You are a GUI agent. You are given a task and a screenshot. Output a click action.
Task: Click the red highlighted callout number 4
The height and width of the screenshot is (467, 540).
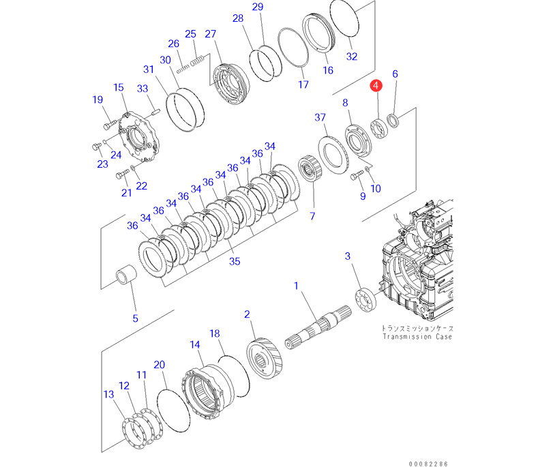pos(376,85)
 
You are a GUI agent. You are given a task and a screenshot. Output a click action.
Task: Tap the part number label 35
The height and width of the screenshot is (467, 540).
pos(235,261)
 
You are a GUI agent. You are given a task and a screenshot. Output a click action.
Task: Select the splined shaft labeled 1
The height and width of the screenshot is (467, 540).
pos(318,327)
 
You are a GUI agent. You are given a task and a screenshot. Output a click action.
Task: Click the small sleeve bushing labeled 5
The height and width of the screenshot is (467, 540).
pos(125,274)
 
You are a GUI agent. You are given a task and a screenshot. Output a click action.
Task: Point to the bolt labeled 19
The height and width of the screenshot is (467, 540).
pos(110,123)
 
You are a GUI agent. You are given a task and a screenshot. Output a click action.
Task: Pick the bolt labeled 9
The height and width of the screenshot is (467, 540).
pos(357,175)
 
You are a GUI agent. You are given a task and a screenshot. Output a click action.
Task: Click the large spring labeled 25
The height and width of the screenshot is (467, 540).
pos(197,61)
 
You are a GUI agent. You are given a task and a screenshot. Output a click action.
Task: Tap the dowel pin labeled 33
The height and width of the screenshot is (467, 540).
pos(155,112)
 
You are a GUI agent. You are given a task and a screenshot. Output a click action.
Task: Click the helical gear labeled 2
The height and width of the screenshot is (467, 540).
pos(264,358)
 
